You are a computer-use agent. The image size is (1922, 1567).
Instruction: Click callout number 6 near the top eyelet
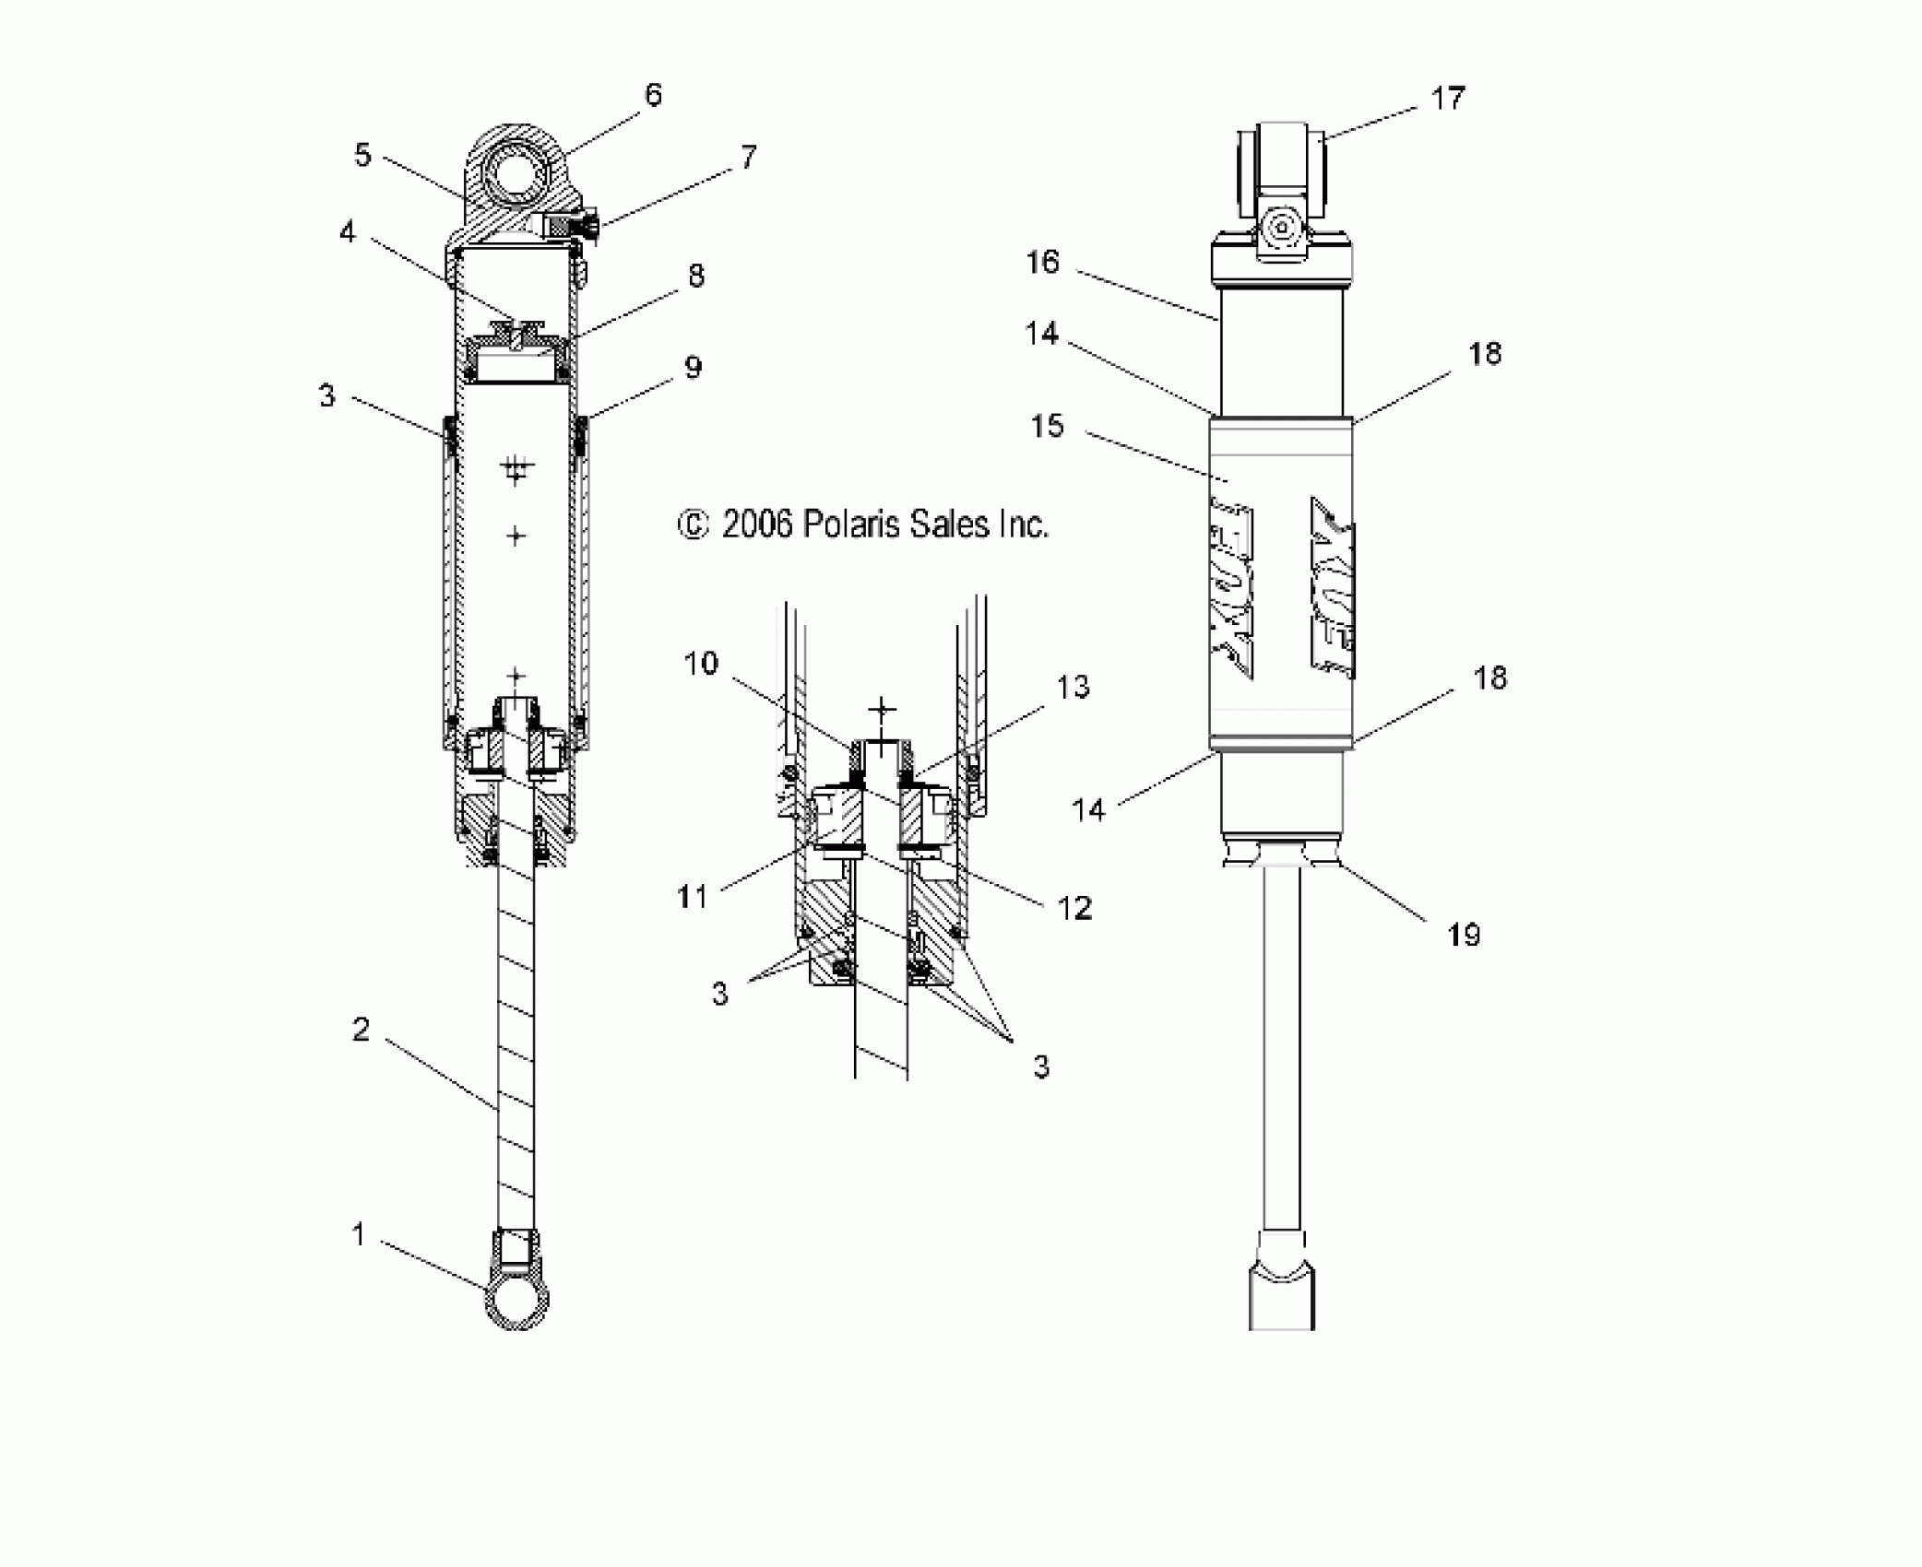(x=653, y=95)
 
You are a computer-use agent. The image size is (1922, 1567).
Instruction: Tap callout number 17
(x=1447, y=99)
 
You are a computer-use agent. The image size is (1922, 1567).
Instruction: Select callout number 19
(x=1464, y=935)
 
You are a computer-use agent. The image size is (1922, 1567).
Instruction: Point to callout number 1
(x=360, y=1233)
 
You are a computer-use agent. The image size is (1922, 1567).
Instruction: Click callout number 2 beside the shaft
(x=361, y=1030)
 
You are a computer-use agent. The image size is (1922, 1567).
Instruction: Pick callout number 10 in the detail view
(x=701, y=663)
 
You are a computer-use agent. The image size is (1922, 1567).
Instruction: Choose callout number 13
(x=1073, y=687)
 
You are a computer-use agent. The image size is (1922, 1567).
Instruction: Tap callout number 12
(x=1074, y=908)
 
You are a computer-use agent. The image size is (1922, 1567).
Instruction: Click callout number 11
(x=693, y=895)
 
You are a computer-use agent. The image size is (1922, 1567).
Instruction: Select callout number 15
(x=1047, y=426)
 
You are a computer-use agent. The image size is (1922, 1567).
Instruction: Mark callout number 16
(x=1043, y=263)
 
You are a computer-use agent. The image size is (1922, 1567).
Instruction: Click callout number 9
(x=693, y=367)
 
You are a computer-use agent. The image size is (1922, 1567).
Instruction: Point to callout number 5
(x=362, y=155)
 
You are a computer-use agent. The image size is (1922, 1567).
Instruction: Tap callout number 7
(x=748, y=157)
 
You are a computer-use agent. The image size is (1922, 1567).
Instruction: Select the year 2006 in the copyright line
(x=757, y=524)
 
